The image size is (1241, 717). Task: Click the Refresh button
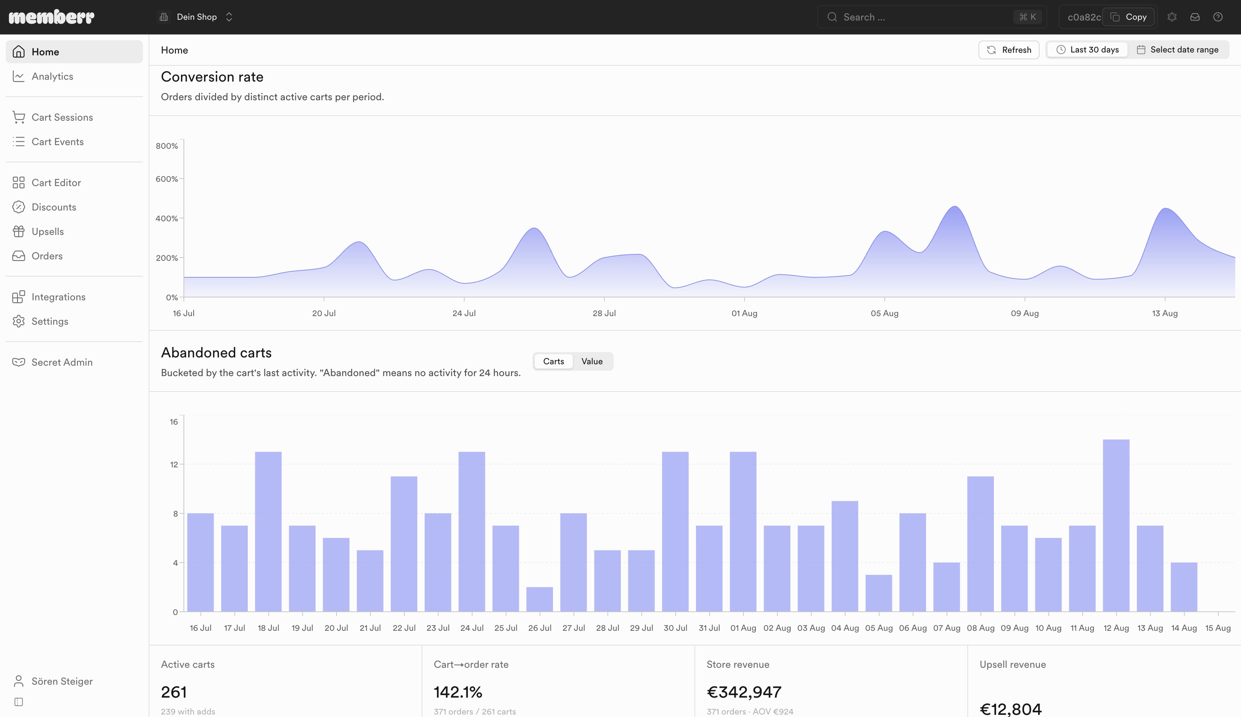[1009, 50]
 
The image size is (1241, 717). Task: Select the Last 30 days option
[1087, 50]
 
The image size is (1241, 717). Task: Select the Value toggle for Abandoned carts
[592, 361]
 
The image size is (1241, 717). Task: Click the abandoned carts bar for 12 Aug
[1116, 526]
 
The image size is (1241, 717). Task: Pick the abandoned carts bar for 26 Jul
[539, 599]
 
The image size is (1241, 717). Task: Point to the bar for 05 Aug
[879, 593]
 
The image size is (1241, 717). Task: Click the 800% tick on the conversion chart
[167, 146]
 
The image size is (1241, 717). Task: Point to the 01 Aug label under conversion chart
[744, 313]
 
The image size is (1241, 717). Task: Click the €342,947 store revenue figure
[744, 692]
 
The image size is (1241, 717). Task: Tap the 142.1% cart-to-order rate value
[458, 692]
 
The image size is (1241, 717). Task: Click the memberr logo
[52, 17]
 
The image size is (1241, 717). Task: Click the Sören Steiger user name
[62, 681]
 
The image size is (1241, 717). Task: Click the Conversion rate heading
[212, 77]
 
